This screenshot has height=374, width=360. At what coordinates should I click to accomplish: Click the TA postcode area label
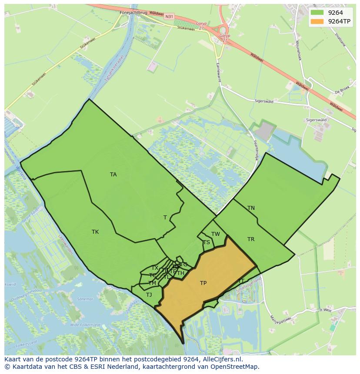click(x=113, y=175)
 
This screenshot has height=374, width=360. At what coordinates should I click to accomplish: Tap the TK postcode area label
click(x=95, y=232)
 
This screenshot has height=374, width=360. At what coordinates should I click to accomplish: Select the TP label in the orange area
click(x=203, y=283)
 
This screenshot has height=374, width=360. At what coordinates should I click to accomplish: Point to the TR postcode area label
click(x=251, y=239)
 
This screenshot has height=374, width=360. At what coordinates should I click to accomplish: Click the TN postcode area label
click(x=251, y=208)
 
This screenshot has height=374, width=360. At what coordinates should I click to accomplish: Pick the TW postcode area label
click(x=216, y=234)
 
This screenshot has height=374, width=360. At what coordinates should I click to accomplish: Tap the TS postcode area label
click(x=206, y=242)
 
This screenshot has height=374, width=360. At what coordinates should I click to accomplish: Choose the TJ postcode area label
click(x=149, y=295)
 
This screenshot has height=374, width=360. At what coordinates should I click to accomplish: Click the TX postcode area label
click(x=155, y=268)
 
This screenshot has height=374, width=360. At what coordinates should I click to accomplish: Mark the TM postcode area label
click(x=152, y=283)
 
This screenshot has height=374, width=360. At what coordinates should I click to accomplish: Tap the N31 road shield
click(x=170, y=17)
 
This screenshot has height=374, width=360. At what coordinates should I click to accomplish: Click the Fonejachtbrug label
click(x=133, y=13)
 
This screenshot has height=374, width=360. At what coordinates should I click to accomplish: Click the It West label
click(x=326, y=310)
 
